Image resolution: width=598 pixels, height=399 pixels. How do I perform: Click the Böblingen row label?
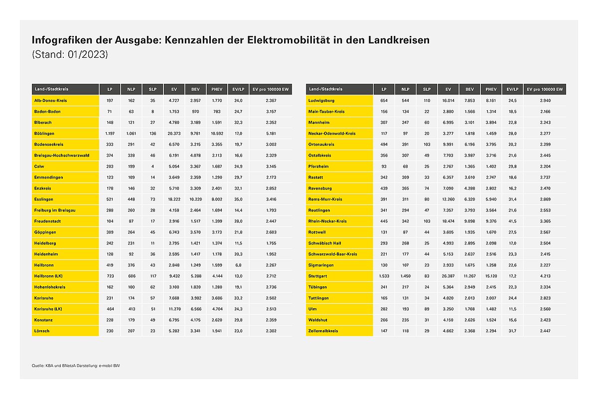[44, 133]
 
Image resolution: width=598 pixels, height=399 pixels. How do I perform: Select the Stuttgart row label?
[317, 276]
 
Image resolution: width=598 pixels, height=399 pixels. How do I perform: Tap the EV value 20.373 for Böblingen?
[174, 133]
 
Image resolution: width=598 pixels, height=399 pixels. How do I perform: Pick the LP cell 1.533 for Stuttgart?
[384, 276]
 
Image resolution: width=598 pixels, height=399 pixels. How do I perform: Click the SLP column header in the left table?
[152, 89]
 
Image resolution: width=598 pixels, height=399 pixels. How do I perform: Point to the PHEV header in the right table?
[491, 89]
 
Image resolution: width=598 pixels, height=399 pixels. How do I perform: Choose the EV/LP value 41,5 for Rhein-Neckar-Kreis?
[512, 221]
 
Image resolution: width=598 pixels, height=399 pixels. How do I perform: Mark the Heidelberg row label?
[45, 243]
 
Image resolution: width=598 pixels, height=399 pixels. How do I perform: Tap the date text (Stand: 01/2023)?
[70, 54]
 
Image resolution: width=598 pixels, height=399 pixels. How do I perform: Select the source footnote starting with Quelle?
[76, 366]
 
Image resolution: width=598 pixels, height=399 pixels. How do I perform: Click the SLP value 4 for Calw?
[152, 167]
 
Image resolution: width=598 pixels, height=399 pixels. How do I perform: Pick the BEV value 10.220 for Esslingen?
[195, 199]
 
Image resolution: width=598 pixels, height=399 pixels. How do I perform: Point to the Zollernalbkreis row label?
[323, 331]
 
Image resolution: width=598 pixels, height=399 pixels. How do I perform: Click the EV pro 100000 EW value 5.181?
[271, 133]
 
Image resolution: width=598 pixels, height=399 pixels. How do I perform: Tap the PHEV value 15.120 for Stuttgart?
[491, 276]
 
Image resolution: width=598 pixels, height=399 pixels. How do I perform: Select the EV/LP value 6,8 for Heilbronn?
[238, 265]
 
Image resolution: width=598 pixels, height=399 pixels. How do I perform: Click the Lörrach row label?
[42, 331]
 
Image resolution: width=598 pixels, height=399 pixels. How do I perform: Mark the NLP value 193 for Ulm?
[405, 309]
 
